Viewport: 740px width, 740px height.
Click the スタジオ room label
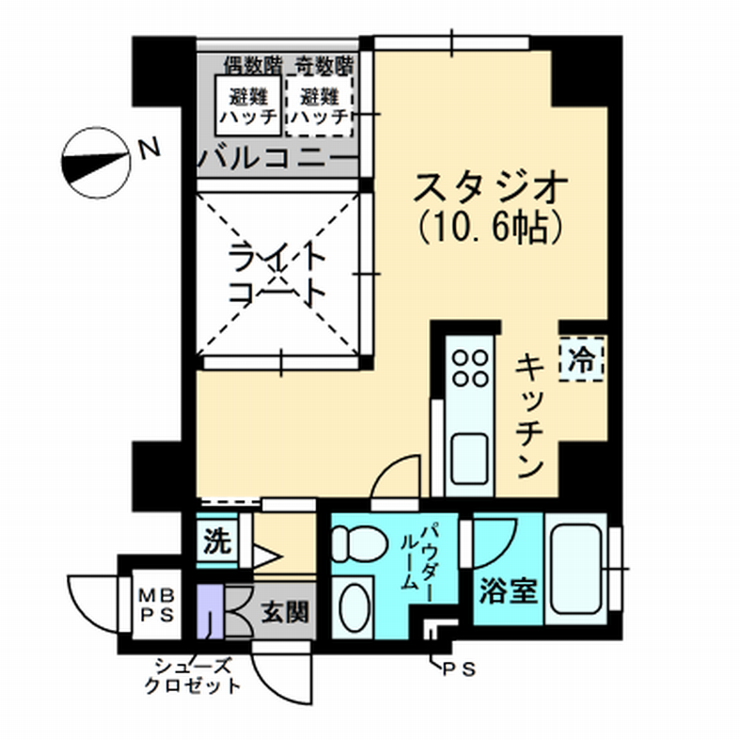pos(490,187)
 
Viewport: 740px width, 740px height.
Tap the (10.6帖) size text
pos(490,228)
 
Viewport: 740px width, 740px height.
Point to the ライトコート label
pos(277,275)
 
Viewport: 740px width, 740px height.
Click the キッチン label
pos(530,416)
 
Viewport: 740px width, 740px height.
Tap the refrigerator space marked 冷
pos(581,358)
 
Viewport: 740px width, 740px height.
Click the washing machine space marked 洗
pos(217,541)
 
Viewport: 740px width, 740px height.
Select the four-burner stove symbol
pos(470,368)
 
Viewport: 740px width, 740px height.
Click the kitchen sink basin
pos(469,459)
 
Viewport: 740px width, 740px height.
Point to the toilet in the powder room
pos(359,543)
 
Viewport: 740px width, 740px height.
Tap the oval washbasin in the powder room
pos(354,607)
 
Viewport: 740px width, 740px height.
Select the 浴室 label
pos(509,590)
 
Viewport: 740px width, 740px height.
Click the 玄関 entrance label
pos(286,612)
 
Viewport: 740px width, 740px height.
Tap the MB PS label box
pos(157,605)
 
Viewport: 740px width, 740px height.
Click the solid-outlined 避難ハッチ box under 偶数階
pos(248,105)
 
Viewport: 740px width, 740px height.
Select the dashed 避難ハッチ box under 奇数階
pos(320,105)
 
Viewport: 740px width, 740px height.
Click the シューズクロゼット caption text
pos(193,676)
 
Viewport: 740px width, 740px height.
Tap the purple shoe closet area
pos(210,612)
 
